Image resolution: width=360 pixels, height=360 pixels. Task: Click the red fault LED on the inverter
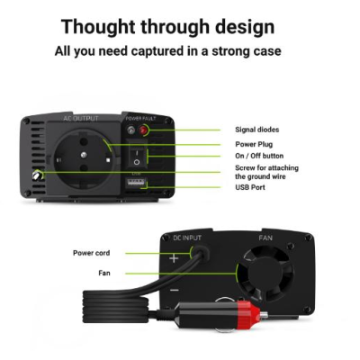tap(143, 130)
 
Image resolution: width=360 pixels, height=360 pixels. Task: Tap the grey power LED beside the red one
tap(130, 130)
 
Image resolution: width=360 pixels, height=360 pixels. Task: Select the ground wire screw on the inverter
tap(38, 175)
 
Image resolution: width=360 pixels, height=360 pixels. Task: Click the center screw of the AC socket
tap(85, 155)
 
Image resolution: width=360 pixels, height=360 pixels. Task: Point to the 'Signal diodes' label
tap(257, 130)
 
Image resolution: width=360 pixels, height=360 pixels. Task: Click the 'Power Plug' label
tap(254, 144)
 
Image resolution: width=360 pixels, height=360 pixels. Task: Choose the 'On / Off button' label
tap(259, 156)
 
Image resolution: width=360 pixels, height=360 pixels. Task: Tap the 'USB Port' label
tap(250, 187)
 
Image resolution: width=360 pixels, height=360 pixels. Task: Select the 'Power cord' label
tap(92, 253)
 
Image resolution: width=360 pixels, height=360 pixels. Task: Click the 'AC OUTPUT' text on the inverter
tap(81, 119)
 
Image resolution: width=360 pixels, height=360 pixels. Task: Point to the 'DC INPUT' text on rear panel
tap(187, 238)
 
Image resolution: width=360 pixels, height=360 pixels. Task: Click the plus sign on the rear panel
tap(174, 258)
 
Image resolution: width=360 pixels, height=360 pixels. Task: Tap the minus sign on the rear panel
tap(175, 290)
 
